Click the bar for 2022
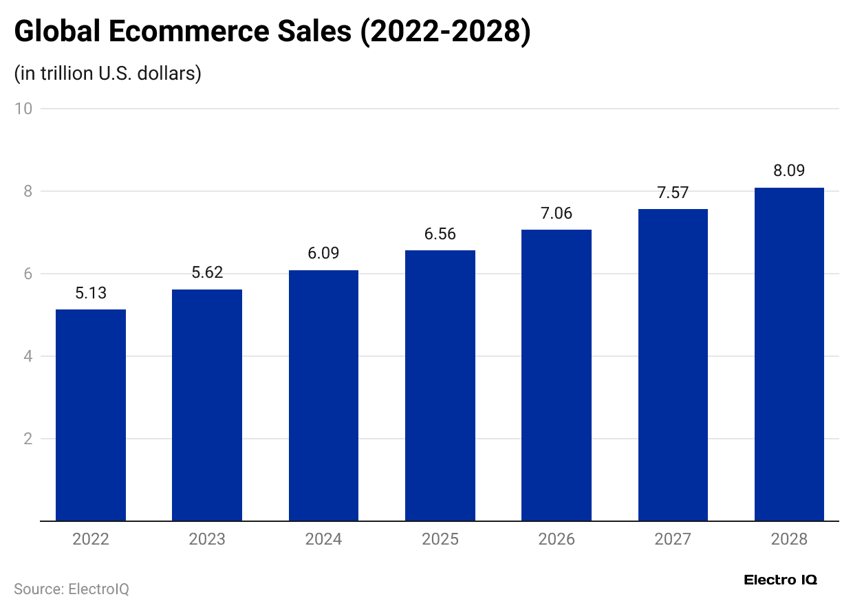click(91, 415)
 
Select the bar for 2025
click(440, 386)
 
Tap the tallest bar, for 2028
click(789, 354)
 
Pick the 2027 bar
click(673, 365)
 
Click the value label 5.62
click(207, 272)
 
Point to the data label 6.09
click(324, 253)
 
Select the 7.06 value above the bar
click(557, 213)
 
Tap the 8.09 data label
click(789, 171)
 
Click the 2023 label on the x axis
click(207, 539)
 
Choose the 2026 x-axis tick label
click(557, 539)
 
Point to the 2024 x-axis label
click(324, 539)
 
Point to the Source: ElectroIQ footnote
click(72, 589)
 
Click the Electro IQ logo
click(781, 580)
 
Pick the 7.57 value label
click(673, 193)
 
